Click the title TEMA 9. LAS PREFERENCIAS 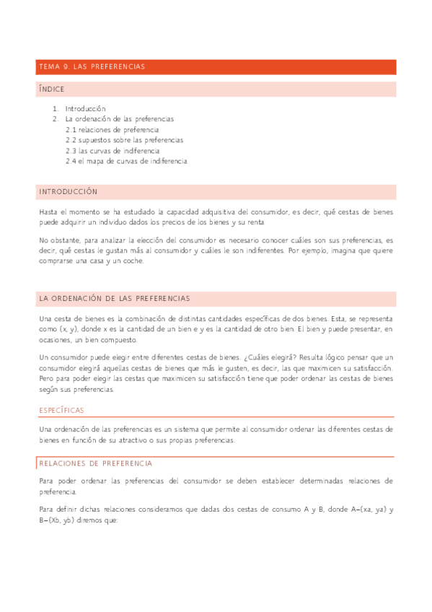(91, 67)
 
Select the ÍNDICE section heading (52, 89)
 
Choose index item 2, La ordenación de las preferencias (119, 119)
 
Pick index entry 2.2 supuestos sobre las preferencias (124, 140)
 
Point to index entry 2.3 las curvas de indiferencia (113, 151)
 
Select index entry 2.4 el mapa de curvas (126, 162)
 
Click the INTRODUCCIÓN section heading (68, 193)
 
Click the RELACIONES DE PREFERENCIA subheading (95, 463)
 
